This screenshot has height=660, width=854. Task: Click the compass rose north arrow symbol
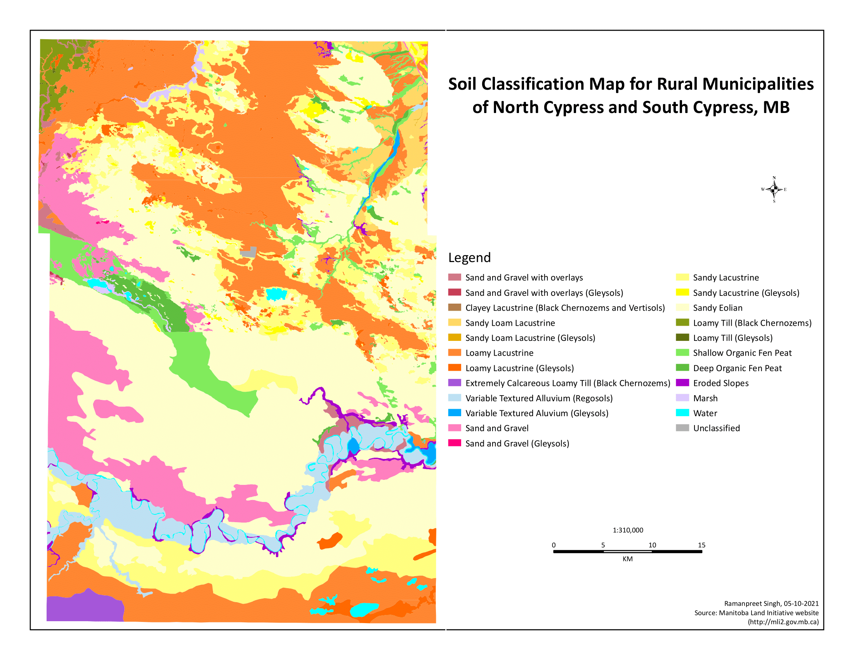pyautogui.click(x=774, y=189)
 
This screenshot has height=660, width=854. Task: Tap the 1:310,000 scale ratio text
pyautogui.click(x=628, y=530)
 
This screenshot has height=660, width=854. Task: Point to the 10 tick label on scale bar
pyautogui.click(x=652, y=545)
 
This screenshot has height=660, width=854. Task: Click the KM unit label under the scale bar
pyautogui.click(x=627, y=559)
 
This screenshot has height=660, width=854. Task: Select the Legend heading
pyautogui.click(x=469, y=258)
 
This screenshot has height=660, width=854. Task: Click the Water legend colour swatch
pyautogui.click(x=682, y=413)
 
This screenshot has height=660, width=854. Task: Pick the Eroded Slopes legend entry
pyautogui.click(x=721, y=383)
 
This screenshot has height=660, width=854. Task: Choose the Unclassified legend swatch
pyautogui.click(x=682, y=428)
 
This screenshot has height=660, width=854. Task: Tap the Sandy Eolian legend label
pyautogui.click(x=717, y=308)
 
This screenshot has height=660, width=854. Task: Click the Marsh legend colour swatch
pyautogui.click(x=682, y=398)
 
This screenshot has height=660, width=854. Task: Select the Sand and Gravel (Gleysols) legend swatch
pyautogui.click(x=455, y=443)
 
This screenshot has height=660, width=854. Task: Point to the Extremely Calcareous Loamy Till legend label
pyautogui.click(x=568, y=383)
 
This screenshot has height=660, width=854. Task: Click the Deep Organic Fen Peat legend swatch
pyautogui.click(x=682, y=368)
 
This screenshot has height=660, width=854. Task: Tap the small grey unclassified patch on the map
pyautogui.click(x=249, y=252)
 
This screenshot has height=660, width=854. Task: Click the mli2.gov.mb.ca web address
pyautogui.click(x=783, y=622)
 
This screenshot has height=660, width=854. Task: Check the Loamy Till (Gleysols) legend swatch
pyautogui.click(x=682, y=337)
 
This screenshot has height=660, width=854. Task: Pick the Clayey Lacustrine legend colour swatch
pyautogui.click(x=455, y=307)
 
